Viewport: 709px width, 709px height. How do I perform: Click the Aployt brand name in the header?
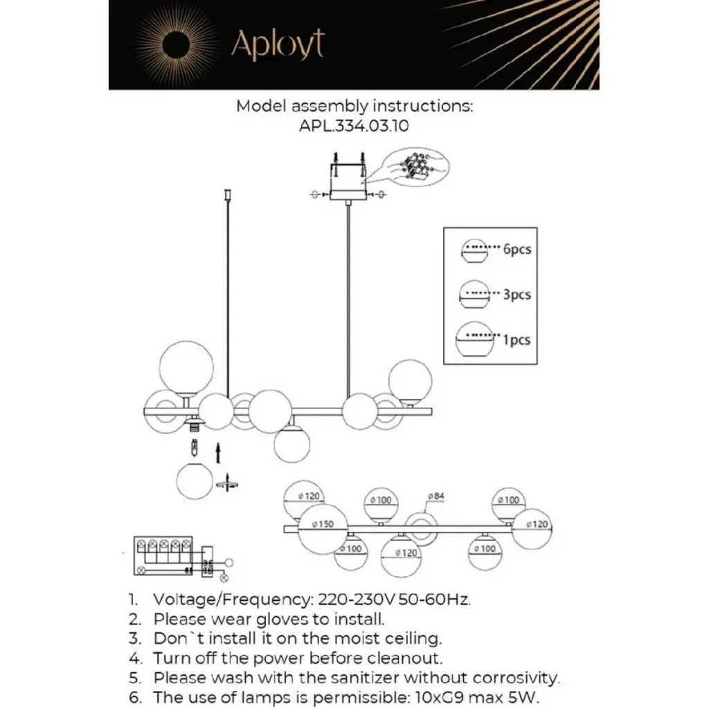click(x=278, y=45)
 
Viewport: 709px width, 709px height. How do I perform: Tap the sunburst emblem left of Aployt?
click(x=174, y=45)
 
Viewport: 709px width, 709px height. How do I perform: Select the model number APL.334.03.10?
click(x=354, y=125)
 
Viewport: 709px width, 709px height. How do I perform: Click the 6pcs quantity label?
click(x=517, y=249)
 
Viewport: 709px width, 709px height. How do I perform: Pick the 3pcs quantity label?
click(x=517, y=294)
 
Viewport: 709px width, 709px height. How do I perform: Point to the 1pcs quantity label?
click(x=517, y=339)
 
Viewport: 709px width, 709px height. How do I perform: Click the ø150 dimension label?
click(x=323, y=525)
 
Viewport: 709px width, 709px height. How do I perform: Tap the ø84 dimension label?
click(x=436, y=496)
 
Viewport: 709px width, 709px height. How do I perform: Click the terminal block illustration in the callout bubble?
click(x=416, y=167)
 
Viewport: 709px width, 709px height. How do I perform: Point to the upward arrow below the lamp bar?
click(x=218, y=453)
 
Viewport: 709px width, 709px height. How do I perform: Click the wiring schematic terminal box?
click(x=163, y=556)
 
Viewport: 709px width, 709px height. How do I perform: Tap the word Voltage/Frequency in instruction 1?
click(x=233, y=600)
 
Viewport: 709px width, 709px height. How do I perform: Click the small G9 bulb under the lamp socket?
click(x=195, y=449)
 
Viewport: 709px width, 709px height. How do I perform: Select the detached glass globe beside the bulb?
click(x=195, y=482)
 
